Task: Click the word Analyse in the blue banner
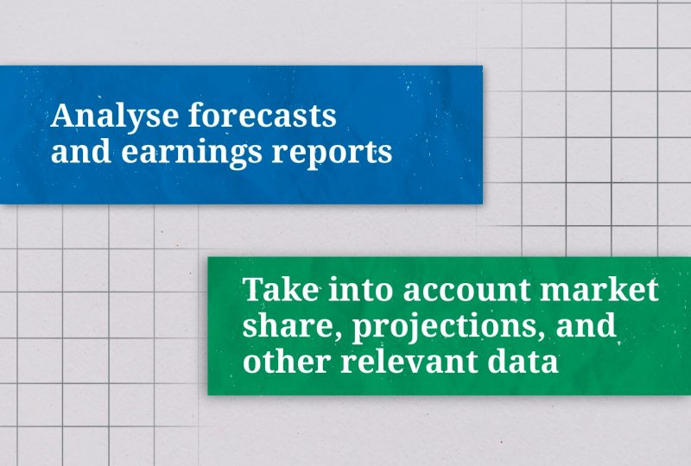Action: (x=115, y=116)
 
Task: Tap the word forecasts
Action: (x=263, y=115)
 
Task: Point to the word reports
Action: (x=332, y=154)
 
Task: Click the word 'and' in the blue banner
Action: (x=81, y=151)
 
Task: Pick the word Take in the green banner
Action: (x=281, y=289)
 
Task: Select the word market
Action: (x=599, y=289)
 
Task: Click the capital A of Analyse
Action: (x=64, y=116)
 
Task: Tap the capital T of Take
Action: (x=256, y=289)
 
